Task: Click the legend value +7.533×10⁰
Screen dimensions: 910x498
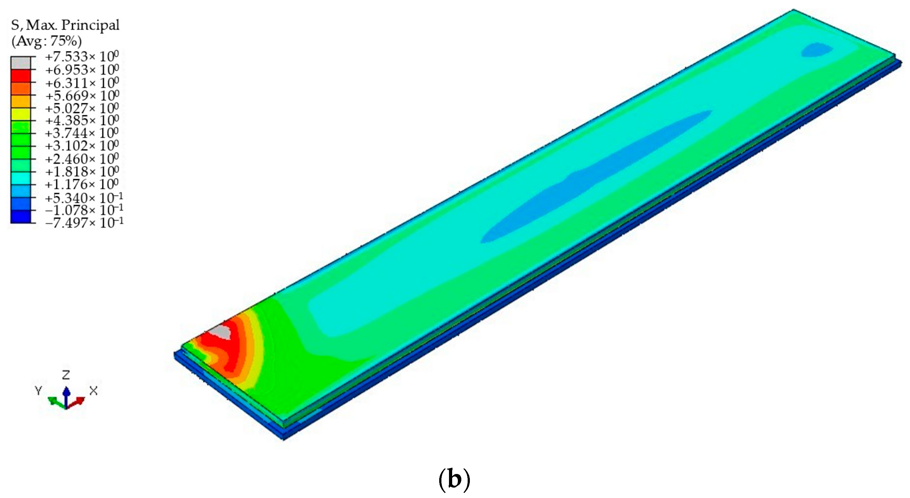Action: [x=82, y=57]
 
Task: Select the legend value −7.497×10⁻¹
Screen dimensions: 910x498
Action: [x=84, y=222]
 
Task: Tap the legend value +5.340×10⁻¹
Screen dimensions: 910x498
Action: [x=84, y=197]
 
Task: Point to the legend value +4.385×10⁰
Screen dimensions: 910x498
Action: [x=82, y=120]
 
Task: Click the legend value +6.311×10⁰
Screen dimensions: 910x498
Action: [x=82, y=82]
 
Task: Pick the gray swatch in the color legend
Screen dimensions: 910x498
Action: [x=21, y=63]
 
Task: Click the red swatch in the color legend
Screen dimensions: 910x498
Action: [x=21, y=76]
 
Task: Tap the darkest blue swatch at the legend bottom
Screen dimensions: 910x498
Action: [x=21, y=216]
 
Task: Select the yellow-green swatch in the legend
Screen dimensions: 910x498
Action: [x=21, y=114]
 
